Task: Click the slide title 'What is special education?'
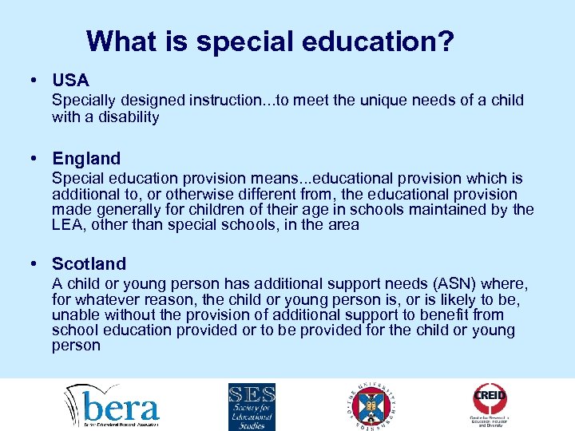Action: tap(271, 42)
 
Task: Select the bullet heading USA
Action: tap(70, 81)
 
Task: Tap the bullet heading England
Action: tap(86, 159)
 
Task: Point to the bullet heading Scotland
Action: tap(89, 263)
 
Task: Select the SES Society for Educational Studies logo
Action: tap(252, 406)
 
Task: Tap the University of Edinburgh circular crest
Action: tap(369, 405)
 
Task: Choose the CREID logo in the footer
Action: tap(490, 404)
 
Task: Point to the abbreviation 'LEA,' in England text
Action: tap(67, 225)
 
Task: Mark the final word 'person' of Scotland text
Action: tap(76, 346)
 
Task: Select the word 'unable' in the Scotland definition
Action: tap(75, 315)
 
